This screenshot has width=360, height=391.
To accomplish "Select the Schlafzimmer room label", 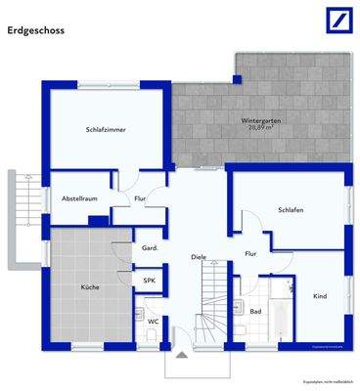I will (106, 129).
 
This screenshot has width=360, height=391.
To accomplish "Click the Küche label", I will (90, 286).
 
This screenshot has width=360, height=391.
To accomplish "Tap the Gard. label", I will (151, 248).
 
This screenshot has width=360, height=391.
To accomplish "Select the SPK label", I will (150, 280).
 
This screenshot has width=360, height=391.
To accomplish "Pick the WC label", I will (154, 320).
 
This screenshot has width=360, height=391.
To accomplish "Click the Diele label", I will (199, 257).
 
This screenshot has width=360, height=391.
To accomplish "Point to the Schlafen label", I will (291, 209).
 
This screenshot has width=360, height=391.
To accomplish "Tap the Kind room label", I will (319, 295).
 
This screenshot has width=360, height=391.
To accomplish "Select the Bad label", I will (255, 311).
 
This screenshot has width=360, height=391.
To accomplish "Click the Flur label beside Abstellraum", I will (140, 198).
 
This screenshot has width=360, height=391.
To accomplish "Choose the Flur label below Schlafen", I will (250, 254).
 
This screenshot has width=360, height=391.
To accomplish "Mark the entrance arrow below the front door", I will (181, 357).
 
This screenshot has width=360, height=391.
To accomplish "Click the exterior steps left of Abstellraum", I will (22, 220).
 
